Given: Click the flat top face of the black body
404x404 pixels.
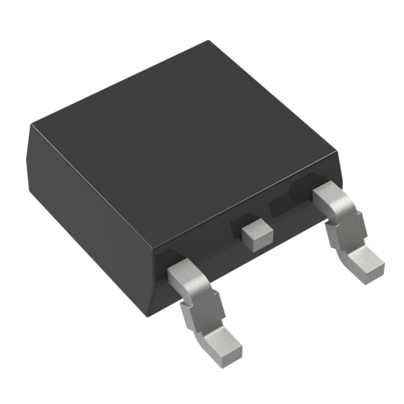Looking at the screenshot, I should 183,145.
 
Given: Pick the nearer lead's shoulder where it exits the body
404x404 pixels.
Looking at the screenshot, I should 189,271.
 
